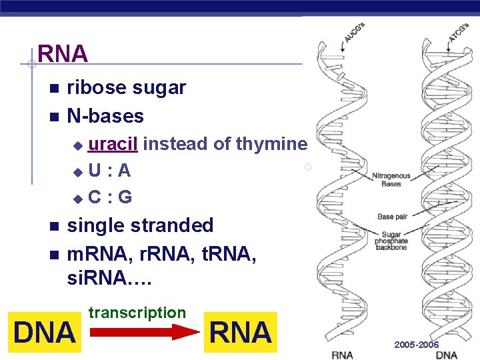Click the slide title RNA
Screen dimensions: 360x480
[63, 54]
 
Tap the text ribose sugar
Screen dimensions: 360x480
[127, 88]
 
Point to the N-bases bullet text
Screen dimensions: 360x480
[105, 116]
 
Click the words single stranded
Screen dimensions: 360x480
[140, 225]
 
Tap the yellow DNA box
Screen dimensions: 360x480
[45, 332]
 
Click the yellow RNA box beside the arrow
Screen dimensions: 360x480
[241, 332]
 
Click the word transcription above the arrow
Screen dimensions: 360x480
[137, 313]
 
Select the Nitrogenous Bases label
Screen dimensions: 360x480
[391, 180]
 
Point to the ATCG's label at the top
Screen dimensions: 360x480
[458, 30]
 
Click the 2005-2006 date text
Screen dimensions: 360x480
[416, 345]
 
